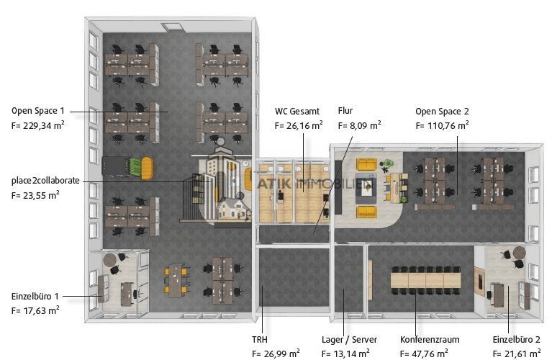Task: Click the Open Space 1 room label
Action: point(38,111)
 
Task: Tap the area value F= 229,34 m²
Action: point(37,125)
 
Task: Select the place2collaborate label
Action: point(45,181)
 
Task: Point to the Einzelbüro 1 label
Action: point(35,296)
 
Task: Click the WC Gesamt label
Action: point(297,112)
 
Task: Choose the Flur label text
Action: point(345,111)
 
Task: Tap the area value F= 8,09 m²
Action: point(359,125)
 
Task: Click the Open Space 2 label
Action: point(442,112)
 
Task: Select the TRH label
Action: point(260,340)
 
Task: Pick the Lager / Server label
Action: point(349,340)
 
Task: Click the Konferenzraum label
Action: point(430,340)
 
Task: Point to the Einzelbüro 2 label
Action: point(517,340)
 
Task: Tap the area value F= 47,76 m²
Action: point(424,354)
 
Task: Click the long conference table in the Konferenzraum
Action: point(425,280)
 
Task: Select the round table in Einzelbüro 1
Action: point(110,260)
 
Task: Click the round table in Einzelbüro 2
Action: point(520,252)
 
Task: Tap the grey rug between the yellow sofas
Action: point(366,189)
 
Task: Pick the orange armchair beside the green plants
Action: point(147,168)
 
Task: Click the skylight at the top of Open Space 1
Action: point(172,27)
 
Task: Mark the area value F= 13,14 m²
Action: point(345,354)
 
